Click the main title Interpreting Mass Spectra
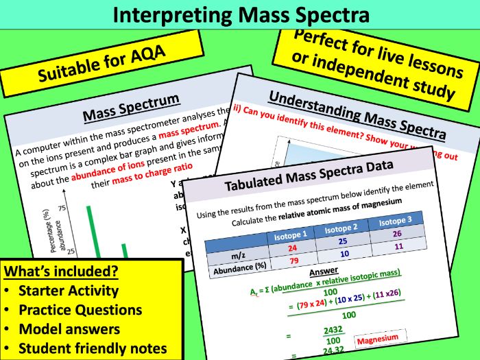coord(239,14)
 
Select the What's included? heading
coord(61,271)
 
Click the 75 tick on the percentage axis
coord(61,208)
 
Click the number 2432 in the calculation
coord(334,331)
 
